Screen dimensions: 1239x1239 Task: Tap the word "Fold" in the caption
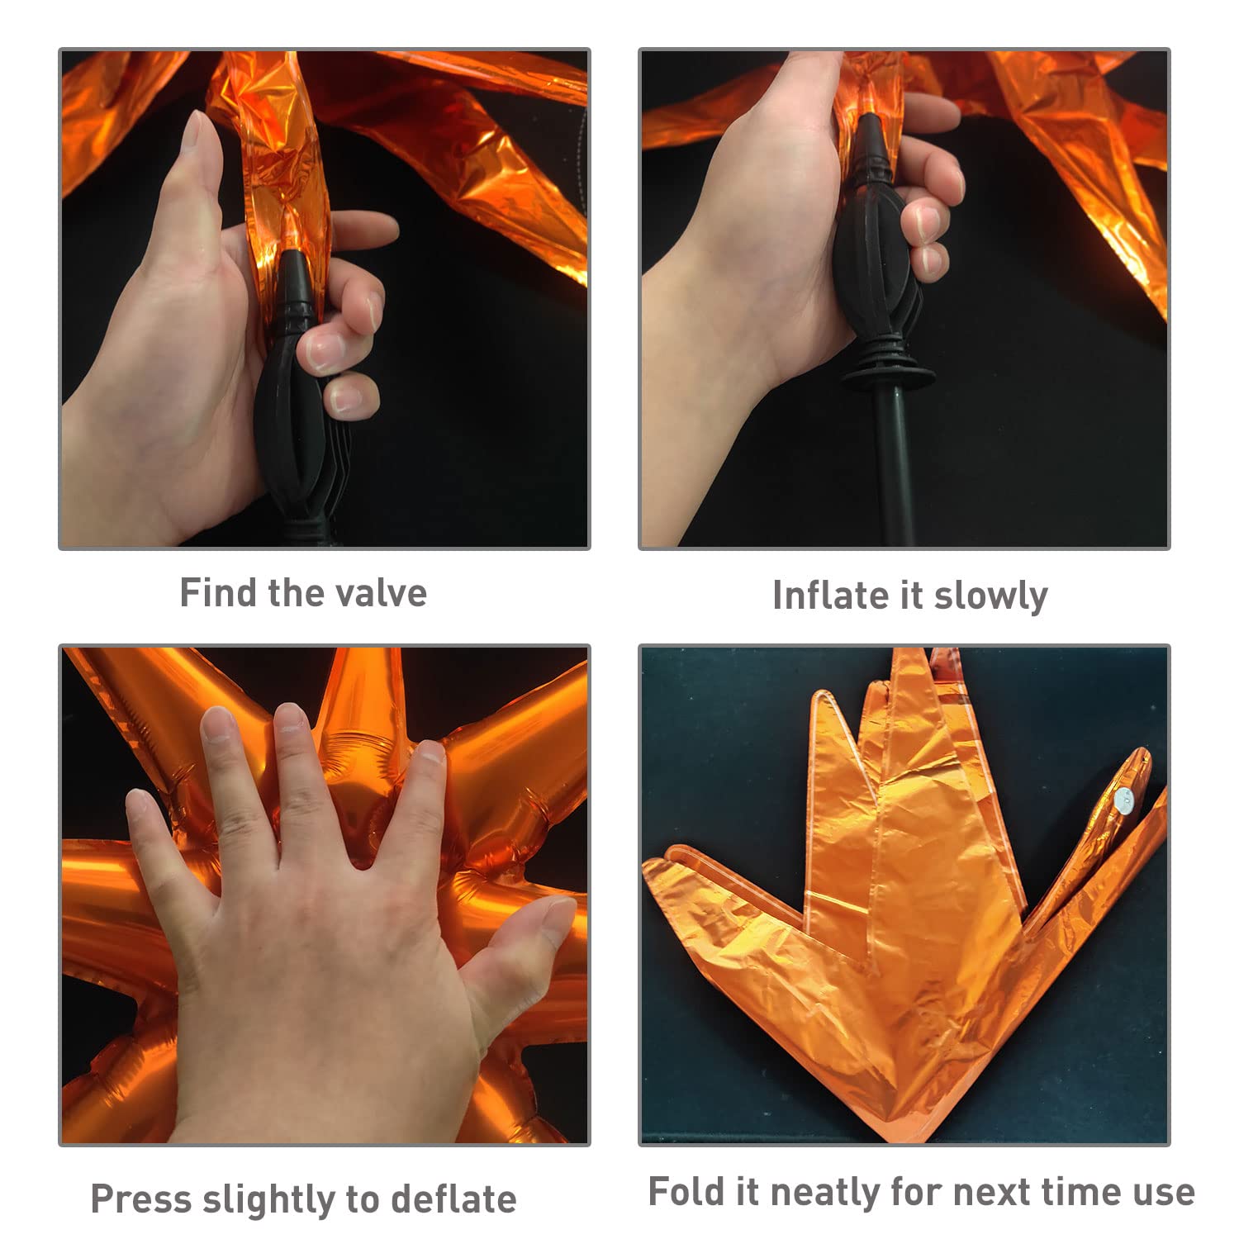(x=681, y=1192)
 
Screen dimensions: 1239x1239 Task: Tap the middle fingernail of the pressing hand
(x=291, y=720)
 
